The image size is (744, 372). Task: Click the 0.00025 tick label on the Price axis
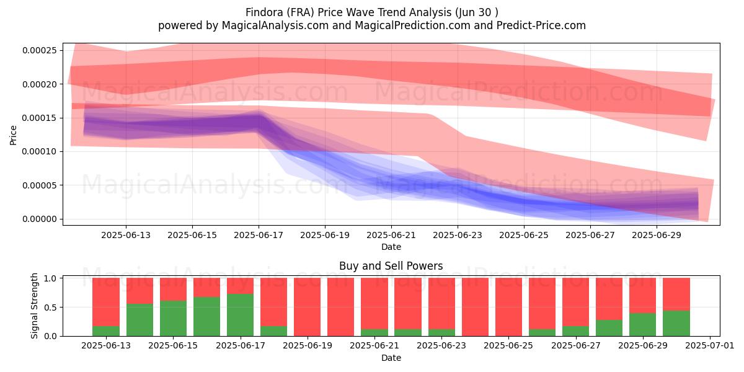(x=40, y=50)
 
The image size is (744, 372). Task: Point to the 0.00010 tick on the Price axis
(x=40, y=151)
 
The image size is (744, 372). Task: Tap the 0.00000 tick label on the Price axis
(x=40, y=219)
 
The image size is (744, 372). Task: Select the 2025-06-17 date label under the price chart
(x=259, y=235)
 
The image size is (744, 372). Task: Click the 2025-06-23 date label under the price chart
(x=458, y=235)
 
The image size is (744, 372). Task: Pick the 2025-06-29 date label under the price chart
(x=657, y=235)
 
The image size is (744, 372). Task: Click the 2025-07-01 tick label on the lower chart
(x=710, y=346)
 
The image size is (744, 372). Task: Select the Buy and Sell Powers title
(x=391, y=266)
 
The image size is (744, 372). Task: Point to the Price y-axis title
(x=13, y=135)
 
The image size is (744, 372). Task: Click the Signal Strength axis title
(x=34, y=306)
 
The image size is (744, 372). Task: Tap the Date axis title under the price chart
(x=391, y=247)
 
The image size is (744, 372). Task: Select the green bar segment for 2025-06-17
(x=240, y=315)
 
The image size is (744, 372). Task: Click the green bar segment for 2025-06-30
(x=676, y=323)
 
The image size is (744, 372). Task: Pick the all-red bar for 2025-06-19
(x=308, y=307)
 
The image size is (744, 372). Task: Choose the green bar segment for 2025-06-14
(x=140, y=320)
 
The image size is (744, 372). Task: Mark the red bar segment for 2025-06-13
(x=106, y=302)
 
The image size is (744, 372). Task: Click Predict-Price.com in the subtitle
(x=541, y=25)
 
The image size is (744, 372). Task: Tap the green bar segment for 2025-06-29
(x=643, y=324)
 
